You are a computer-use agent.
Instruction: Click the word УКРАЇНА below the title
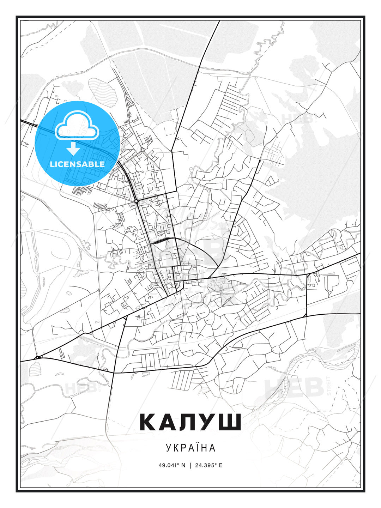(x=190, y=448)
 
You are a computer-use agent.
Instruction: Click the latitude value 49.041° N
(x=172, y=465)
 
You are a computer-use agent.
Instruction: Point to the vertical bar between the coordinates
(x=190, y=465)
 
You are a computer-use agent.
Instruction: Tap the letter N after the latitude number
(x=183, y=465)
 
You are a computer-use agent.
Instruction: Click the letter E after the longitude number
(x=221, y=465)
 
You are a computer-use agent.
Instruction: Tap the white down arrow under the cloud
(x=73, y=149)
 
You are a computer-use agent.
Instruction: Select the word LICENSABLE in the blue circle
(x=77, y=164)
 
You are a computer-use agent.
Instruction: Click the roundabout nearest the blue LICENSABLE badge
(x=136, y=201)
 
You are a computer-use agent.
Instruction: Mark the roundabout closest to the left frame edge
(x=37, y=358)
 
